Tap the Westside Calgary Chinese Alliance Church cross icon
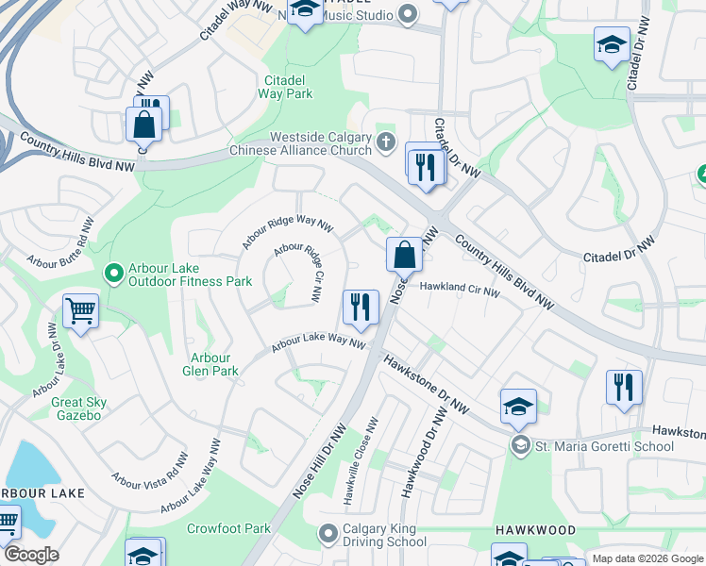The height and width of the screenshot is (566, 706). point(385,142)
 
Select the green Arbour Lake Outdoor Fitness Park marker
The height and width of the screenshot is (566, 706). point(114,274)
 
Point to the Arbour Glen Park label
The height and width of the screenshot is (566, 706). point(210,364)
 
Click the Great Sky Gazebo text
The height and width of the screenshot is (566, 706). point(79,408)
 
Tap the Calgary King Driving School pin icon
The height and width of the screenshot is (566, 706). point(328,534)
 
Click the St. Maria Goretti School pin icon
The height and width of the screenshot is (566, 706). point(520,444)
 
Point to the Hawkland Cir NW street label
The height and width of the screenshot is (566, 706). point(460,288)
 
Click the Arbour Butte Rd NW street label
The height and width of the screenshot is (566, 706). point(63,252)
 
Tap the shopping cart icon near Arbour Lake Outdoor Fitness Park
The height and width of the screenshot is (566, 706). point(80,309)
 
